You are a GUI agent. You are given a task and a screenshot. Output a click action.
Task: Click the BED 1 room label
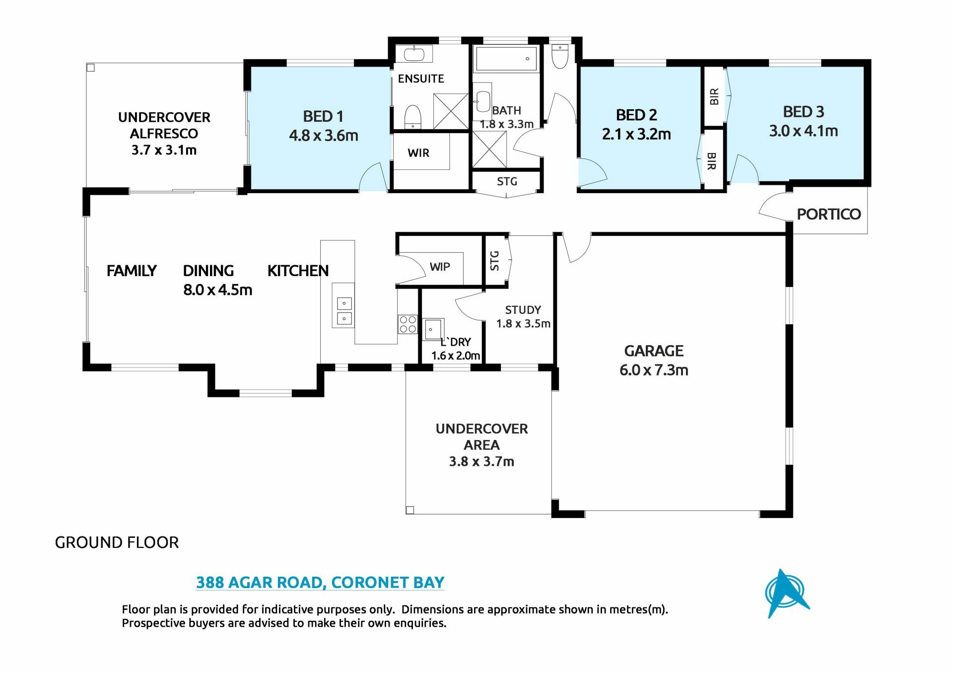click(x=323, y=116)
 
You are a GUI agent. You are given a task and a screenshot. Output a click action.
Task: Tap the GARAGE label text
click(x=654, y=351)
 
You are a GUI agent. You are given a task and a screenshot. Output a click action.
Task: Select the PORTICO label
click(x=828, y=214)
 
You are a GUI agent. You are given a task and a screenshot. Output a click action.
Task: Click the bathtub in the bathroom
click(x=506, y=60)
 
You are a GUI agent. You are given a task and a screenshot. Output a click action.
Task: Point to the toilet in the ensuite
click(x=412, y=117)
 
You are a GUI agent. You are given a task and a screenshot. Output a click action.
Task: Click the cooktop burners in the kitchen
click(x=408, y=324)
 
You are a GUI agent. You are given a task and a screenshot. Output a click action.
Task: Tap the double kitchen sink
click(x=344, y=311)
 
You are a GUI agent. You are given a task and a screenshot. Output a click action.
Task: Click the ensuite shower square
click(x=451, y=111)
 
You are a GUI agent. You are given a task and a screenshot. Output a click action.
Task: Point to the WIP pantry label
click(x=440, y=267)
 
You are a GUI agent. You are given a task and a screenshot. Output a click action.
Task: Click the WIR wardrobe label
click(x=418, y=153)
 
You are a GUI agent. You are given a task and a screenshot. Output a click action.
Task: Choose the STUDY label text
click(x=523, y=310)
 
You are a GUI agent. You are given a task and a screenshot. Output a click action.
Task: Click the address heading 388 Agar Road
click(x=320, y=582)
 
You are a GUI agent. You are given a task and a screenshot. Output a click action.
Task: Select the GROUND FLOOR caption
click(x=117, y=542)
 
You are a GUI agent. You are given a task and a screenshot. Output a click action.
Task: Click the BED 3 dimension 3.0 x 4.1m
click(x=803, y=131)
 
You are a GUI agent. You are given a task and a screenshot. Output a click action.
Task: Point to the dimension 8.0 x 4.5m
click(x=217, y=290)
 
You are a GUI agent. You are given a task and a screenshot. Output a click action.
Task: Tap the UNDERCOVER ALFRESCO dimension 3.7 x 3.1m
click(x=164, y=150)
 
